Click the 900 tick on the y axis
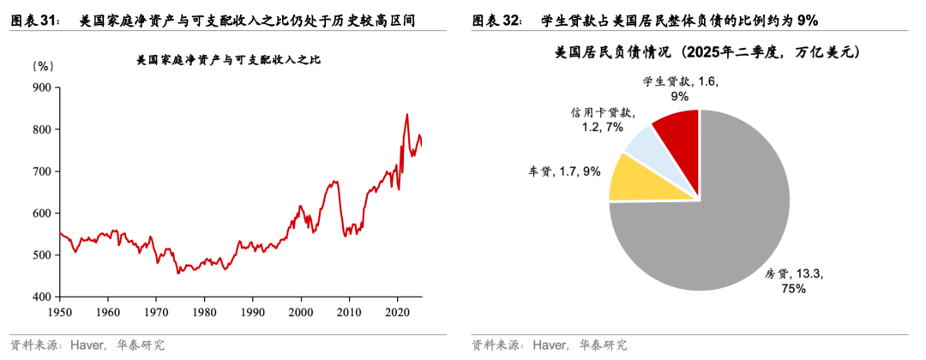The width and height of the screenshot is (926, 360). (x=41, y=87)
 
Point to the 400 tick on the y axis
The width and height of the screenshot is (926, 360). (x=41, y=297)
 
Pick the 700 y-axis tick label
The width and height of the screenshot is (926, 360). (x=41, y=171)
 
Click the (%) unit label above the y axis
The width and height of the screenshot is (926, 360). (x=43, y=65)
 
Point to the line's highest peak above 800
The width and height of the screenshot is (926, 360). (x=406, y=115)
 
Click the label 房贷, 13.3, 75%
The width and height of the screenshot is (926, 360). (x=793, y=281)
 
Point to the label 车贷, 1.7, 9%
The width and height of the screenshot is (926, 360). (x=564, y=171)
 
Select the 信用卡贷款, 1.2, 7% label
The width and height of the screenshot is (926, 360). (x=602, y=120)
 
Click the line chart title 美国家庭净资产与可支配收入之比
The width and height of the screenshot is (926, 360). (x=233, y=61)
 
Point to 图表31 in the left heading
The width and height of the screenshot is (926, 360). (x=34, y=20)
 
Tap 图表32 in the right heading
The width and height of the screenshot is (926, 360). (x=496, y=20)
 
